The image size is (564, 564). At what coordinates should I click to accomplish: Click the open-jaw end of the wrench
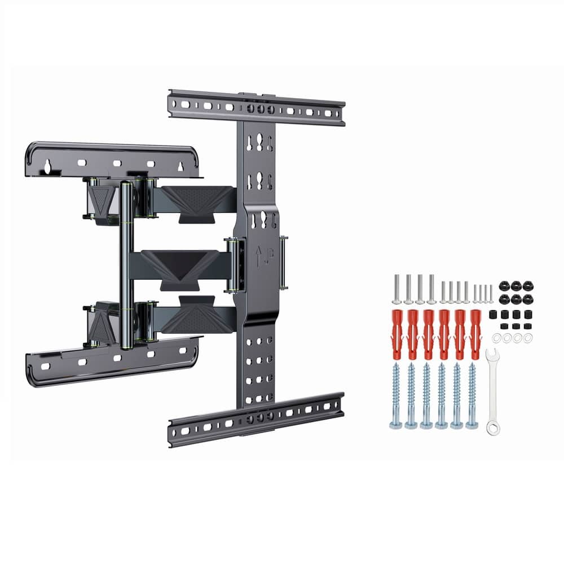491,355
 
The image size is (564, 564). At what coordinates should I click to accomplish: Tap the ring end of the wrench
493,428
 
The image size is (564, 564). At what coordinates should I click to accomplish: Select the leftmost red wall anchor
396,334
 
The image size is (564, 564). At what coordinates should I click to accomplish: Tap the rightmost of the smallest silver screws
491,293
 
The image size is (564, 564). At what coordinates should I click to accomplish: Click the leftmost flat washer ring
497,338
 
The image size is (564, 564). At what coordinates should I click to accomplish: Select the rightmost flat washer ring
528,338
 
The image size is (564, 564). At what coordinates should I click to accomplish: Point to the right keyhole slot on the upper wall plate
180,166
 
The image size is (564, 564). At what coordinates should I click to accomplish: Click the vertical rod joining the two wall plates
126,265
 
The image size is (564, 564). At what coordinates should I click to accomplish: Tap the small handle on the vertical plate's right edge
284,262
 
